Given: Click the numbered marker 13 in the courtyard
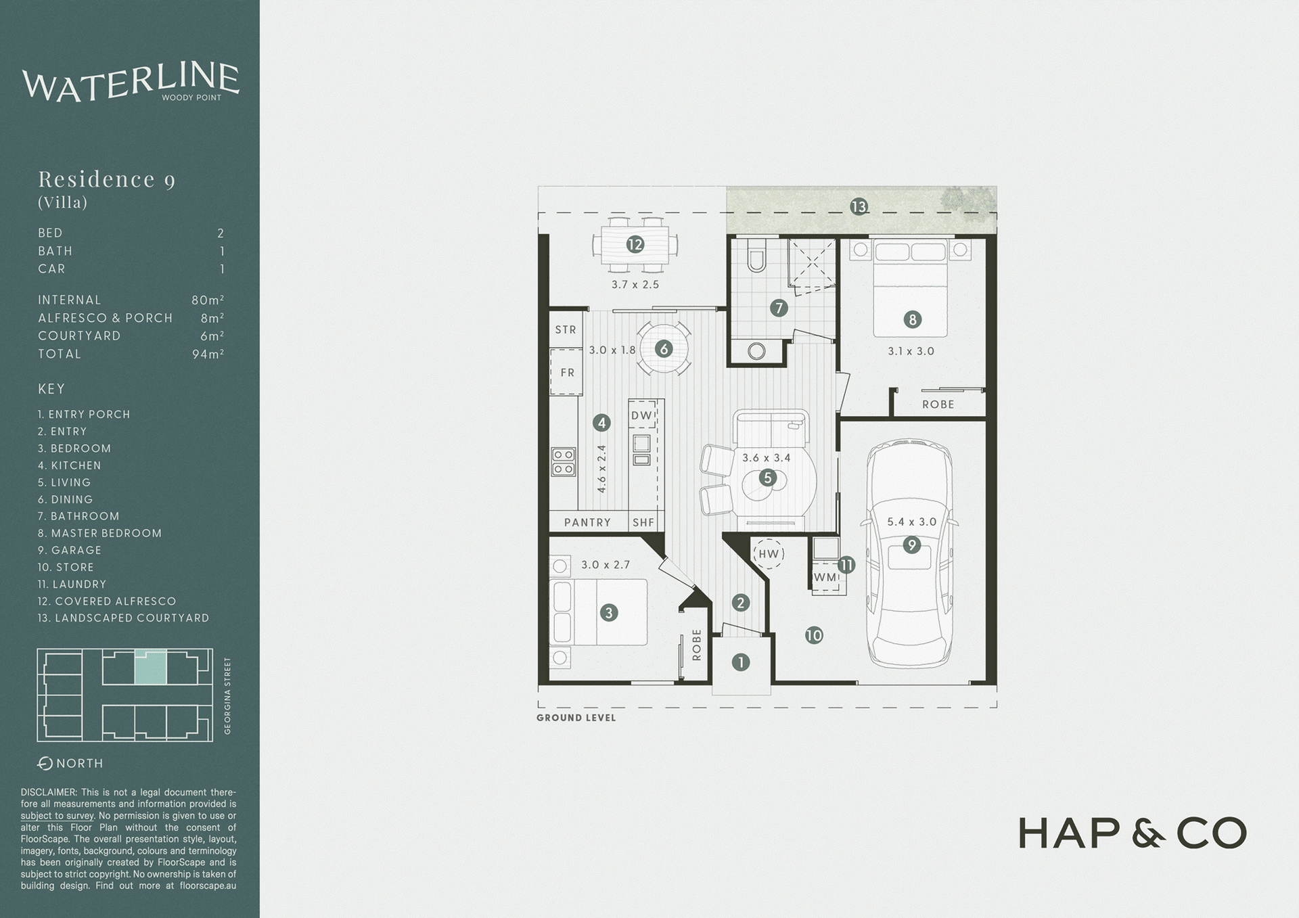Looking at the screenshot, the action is pyautogui.click(x=859, y=207).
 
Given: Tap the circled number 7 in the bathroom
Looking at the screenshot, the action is pyautogui.click(x=779, y=308).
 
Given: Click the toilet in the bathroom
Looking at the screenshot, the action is pyautogui.click(x=756, y=256).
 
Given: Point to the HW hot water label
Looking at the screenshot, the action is pyautogui.click(x=769, y=554).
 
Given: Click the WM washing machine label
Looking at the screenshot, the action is pyautogui.click(x=825, y=578).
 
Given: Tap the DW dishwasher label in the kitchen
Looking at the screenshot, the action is pyautogui.click(x=641, y=415).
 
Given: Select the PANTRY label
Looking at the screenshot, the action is pyautogui.click(x=587, y=522).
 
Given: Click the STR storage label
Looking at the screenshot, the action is pyautogui.click(x=566, y=329).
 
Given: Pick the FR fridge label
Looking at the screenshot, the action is pyautogui.click(x=567, y=373).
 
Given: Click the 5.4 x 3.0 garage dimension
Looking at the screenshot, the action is pyautogui.click(x=911, y=522).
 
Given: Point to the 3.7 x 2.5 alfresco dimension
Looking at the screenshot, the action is pyautogui.click(x=635, y=285).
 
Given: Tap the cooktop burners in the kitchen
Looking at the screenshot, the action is pyautogui.click(x=564, y=461).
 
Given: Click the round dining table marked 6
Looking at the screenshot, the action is pyautogui.click(x=664, y=348).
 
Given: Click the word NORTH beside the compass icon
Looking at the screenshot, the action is pyautogui.click(x=80, y=764).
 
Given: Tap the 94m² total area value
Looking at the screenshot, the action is pyautogui.click(x=208, y=354).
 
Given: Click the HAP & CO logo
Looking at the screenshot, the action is pyautogui.click(x=1132, y=833).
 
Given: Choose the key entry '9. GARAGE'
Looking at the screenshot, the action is pyautogui.click(x=70, y=551).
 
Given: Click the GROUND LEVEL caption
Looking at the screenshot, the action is pyautogui.click(x=576, y=718).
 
